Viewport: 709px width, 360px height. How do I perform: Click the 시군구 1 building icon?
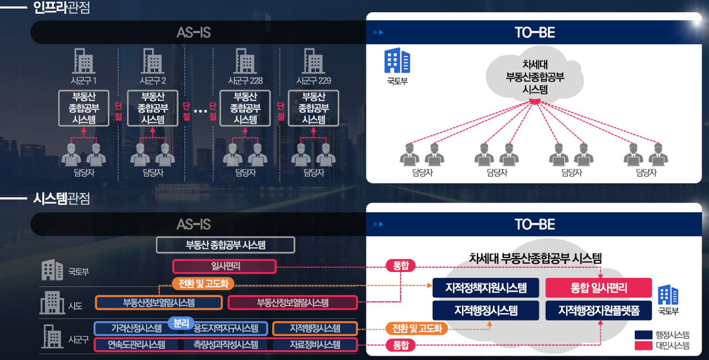[x=84, y=60]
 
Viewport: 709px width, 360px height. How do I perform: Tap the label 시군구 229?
[x=314, y=81]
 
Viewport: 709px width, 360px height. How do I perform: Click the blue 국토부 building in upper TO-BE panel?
[x=397, y=61]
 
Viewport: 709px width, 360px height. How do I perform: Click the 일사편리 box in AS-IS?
[x=224, y=266]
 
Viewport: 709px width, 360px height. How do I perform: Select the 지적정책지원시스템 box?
[x=486, y=288]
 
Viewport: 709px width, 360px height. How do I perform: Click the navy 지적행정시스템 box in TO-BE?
[x=486, y=311]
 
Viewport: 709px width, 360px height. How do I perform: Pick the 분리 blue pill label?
[x=181, y=322]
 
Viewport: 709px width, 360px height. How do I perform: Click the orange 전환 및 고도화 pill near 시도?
[x=203, y=284]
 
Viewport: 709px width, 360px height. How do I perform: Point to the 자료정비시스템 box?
[x=315, y=344]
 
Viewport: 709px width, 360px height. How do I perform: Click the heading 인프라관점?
[x=61, y=8]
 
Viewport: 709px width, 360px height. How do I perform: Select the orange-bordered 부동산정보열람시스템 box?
[x=159, y=302]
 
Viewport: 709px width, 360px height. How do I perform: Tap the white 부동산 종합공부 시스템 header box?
[x=225, y=245]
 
